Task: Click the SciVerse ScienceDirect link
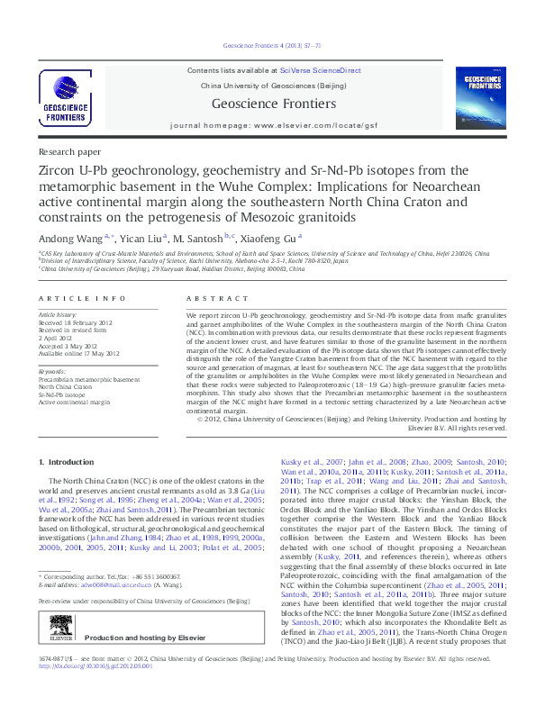tap(320, 69)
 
